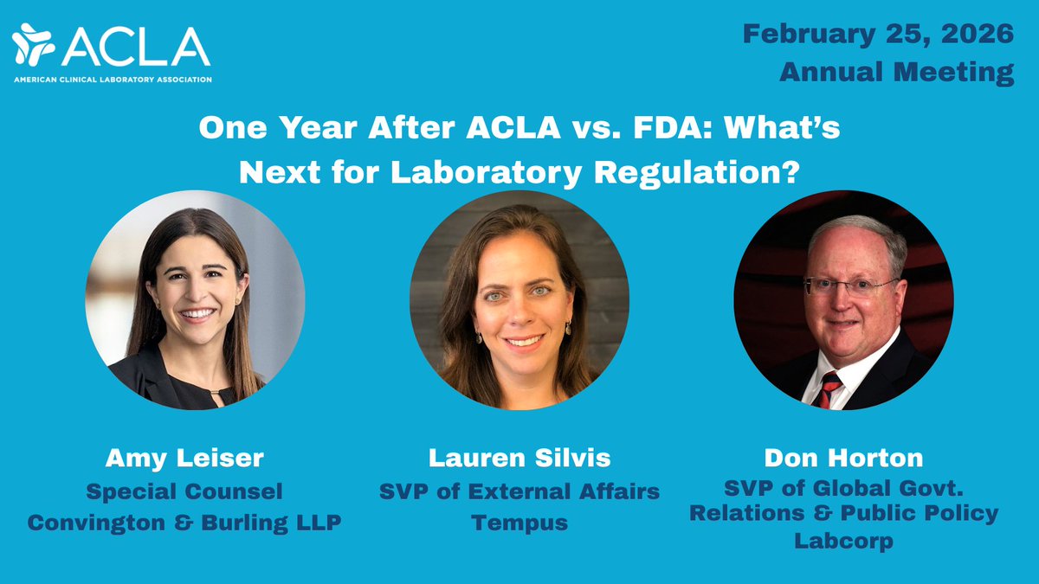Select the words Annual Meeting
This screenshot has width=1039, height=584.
point(896,72)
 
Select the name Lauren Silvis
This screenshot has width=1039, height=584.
point(519,458)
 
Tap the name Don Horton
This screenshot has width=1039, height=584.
point(843,458)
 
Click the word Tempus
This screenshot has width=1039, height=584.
point(519,523)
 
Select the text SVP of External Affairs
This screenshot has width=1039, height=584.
point(519,491)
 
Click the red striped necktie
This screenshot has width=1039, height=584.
point(828,388)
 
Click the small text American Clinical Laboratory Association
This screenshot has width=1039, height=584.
point(112,77)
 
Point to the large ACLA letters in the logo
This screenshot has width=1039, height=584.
point(135,46)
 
